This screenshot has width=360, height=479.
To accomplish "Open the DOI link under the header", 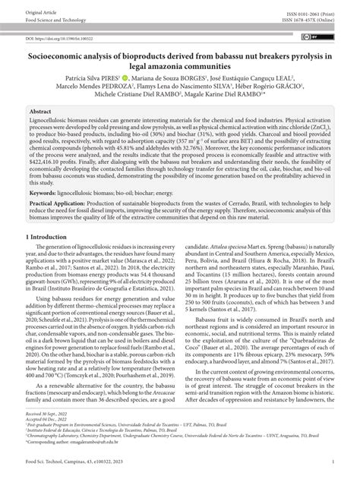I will click(x=63, y=37).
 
